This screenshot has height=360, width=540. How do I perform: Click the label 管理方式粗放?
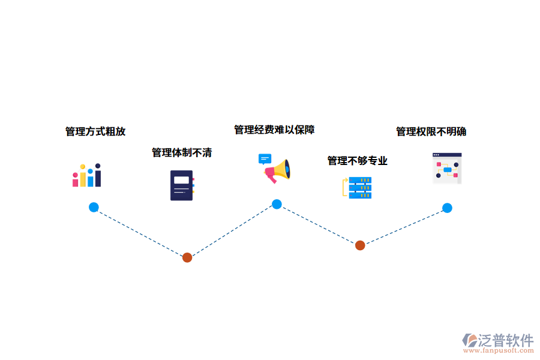tap(95, 131)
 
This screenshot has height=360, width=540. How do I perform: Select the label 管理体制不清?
tap(182, 152)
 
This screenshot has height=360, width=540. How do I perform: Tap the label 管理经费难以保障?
tap(274, 130)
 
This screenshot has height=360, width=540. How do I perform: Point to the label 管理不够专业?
tap(357, 161)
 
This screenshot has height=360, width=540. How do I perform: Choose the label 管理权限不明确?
tap(431, 131)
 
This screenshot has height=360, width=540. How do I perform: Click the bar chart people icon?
tap(87, 175)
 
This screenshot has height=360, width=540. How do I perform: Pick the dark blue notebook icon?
tap(182, 185)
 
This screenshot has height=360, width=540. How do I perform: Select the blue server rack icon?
tap(359, 188)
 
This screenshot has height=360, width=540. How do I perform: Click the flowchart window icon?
tap(447, 168)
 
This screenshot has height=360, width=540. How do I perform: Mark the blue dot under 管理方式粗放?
tap(94, 207)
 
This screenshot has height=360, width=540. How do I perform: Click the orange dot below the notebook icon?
tap(187, 257)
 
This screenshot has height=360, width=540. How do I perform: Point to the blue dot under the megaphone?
tap(277, 204)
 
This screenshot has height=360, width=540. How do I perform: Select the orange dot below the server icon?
tap(360, 245)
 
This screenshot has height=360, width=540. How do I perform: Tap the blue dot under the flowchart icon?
tap(447, 208)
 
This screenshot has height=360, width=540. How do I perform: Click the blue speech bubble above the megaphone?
tap(265, 159)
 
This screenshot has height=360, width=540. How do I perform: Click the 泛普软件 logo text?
tap(506, 340)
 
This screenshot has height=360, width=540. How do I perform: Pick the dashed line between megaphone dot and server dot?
tap(318, 224)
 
